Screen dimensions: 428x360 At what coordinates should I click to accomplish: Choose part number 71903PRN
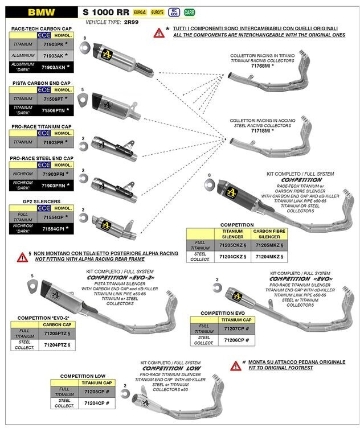(x=55, y=185)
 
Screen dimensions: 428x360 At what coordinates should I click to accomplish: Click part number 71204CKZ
(x=231, y=257)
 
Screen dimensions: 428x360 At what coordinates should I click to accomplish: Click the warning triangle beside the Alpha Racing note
(x=22, y=257)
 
